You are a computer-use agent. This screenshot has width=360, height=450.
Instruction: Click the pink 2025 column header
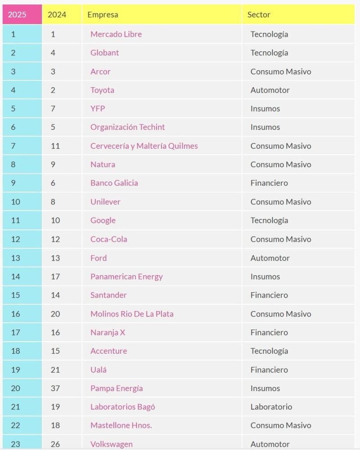click(22, 14)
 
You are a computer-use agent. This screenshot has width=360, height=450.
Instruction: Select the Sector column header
click(259, 15)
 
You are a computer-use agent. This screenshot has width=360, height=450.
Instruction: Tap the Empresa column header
click(103, 15)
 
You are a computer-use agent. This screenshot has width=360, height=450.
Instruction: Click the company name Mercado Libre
click(116, 34)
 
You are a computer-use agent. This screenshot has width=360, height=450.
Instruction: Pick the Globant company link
click(104, 53)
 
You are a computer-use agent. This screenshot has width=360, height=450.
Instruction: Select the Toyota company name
click(102, 90)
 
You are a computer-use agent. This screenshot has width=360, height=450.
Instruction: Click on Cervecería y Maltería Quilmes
click(144, 146)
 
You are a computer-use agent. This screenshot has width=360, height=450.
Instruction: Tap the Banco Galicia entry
click(114, 183)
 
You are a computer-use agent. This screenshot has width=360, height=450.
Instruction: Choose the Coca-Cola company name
click(108, 239)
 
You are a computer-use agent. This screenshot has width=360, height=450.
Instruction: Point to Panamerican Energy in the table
click(126, 276)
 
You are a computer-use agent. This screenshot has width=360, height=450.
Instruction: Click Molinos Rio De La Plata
click(132, 314)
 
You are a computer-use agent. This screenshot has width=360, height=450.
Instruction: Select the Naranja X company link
click(108, 332)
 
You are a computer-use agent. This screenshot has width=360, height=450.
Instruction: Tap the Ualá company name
click(98, 370)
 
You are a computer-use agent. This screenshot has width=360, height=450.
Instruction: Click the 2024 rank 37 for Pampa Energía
click(55, 388)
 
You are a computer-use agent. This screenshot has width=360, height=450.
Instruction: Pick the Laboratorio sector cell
click(271, 407)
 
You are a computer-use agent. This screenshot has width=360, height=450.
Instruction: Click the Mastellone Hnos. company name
click(121, 425)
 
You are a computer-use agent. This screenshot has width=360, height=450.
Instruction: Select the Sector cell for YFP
click(265, 109)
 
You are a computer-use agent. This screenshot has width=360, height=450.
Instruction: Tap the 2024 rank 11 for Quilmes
click(55, 146)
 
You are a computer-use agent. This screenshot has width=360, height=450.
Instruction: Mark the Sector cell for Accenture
click(269, 351)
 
